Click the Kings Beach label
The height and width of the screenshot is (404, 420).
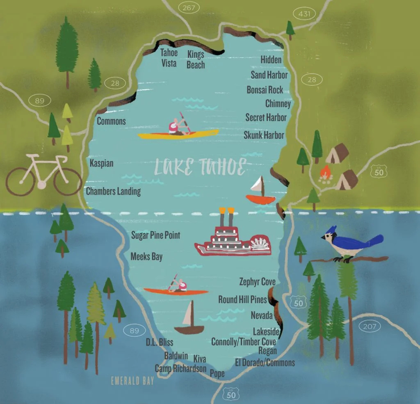tap(196, 59)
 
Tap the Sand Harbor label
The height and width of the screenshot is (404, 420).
tap(269, 75)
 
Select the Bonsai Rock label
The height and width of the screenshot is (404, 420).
tap(265, 90)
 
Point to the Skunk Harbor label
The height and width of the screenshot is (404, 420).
tap(264, 135)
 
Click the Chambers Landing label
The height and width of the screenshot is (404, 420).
tap(113, 191)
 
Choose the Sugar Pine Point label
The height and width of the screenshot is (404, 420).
tap(155, 235)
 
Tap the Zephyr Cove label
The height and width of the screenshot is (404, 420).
tap(257, 282)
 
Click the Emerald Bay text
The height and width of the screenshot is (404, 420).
tap(132, 381)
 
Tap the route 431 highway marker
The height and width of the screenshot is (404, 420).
tap(304, 14)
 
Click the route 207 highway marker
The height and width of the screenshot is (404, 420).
tap(369, 326)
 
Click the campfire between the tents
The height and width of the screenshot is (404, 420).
tap(325, 174)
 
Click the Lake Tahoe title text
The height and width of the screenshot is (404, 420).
tap(200, 167)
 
